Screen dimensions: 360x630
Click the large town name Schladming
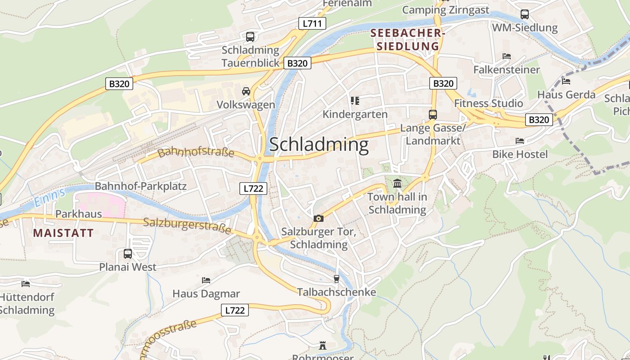[319, 144]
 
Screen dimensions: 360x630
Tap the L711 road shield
[312, 23]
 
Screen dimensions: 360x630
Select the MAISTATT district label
[63, 233]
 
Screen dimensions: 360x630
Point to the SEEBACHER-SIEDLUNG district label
[408, 40]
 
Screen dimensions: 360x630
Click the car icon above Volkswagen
[246, 91]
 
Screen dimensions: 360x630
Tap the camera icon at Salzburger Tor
[319, 218]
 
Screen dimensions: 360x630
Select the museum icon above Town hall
[397, 183]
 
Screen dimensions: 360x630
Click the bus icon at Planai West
[128, 253]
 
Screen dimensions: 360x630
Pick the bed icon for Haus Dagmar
[206, 280]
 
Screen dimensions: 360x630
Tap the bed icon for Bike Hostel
[520, 141]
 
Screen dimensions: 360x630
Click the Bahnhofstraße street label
[196, 152]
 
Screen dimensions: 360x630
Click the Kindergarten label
[355, 114]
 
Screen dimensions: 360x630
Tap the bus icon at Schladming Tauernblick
[250, 36]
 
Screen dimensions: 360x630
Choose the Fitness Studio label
[488, 103]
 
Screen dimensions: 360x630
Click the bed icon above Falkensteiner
[507, 56]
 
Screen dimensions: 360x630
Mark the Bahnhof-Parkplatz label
[140, 186]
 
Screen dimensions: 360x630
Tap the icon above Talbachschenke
[336, 279]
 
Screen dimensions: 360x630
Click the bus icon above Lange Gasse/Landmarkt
[432, 114]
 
